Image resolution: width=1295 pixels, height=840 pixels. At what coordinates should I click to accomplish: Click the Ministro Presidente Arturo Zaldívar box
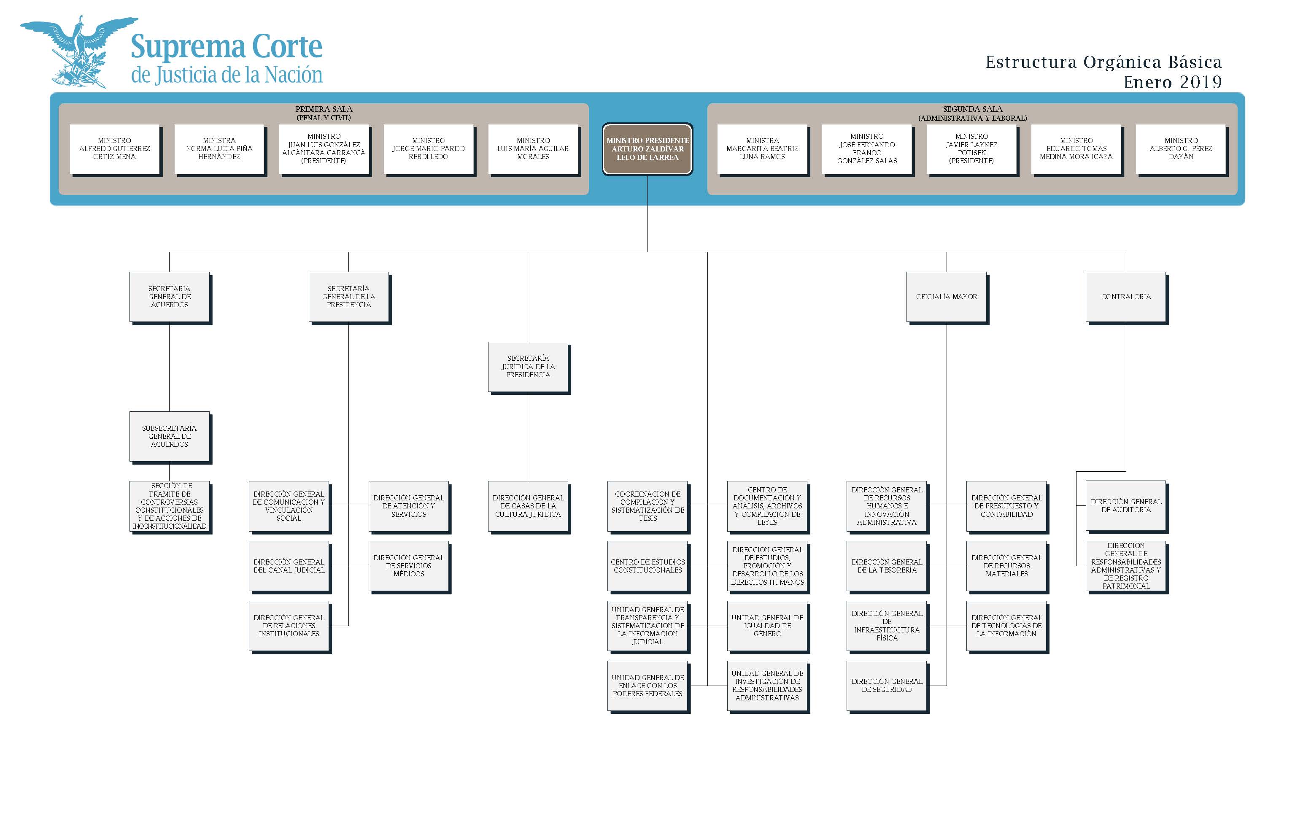pos(647,149)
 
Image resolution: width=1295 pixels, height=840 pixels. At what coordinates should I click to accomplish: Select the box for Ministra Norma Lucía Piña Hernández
pos(219,149)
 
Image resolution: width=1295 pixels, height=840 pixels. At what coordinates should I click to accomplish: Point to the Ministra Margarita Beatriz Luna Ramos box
pos(762,149)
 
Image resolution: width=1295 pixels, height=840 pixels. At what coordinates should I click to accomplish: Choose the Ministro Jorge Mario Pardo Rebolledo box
pos(428,149)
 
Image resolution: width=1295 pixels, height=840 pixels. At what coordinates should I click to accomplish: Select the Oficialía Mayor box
pos(946,297)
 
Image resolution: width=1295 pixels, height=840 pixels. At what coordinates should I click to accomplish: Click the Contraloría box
pos(1125,297)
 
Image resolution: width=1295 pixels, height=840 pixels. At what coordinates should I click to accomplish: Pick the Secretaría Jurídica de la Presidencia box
pos(528,366)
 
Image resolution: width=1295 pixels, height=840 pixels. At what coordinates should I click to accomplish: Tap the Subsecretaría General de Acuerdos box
pos(169,436)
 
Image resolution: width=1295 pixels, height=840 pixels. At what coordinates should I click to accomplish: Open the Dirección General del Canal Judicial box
pos(289,566)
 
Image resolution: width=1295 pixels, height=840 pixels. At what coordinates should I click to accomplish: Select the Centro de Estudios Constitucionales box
pos(647,566)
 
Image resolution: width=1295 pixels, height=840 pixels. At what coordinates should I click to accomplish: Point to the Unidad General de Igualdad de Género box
pos(767,626)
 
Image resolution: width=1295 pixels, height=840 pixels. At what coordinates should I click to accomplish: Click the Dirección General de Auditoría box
pos(1125,505)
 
